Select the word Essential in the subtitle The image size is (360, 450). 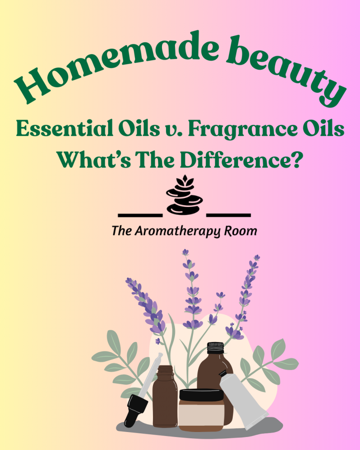64,129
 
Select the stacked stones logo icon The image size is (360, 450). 184,195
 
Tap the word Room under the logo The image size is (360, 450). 241,231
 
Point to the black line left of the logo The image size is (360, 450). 140,215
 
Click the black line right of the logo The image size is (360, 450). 229,215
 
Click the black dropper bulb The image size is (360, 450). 135,410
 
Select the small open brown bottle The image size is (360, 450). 165,396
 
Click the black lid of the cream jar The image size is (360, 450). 201,395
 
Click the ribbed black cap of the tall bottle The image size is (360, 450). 215,348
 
